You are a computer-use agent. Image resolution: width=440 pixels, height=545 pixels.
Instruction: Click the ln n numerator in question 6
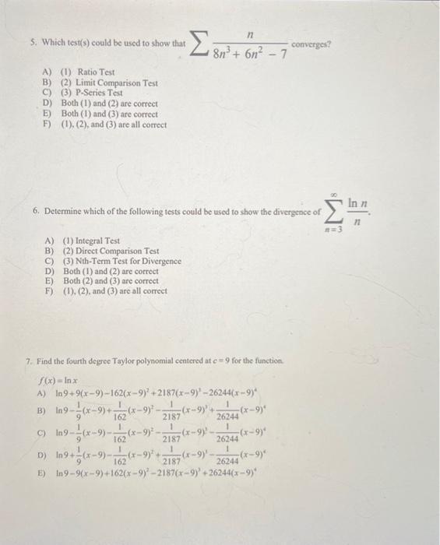[355, 202]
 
